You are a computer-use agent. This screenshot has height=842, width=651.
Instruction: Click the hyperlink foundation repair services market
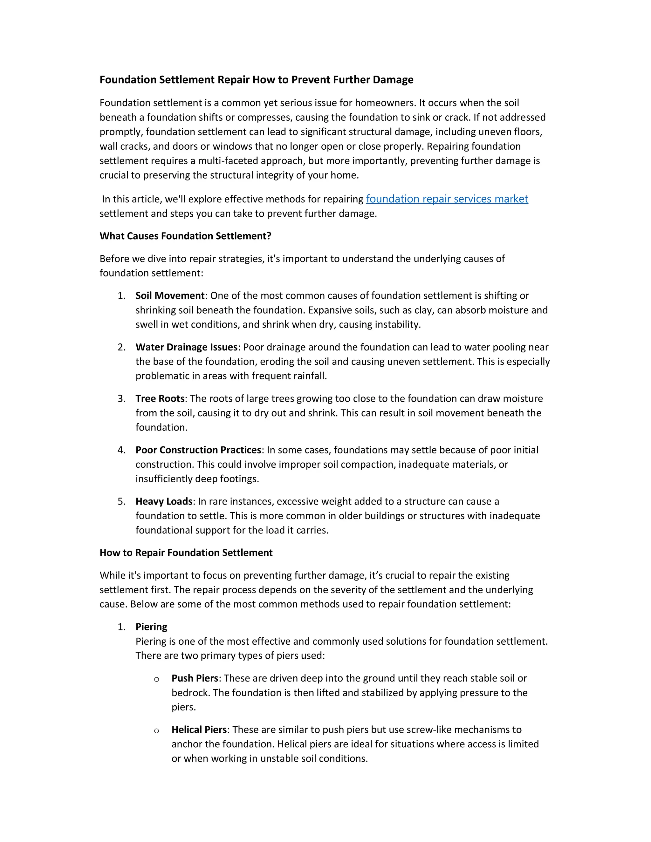pos(447,199)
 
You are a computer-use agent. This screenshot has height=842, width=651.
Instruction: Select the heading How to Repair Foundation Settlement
pos(186,553)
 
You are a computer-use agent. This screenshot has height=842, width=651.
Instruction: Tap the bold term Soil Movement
pos(170,296)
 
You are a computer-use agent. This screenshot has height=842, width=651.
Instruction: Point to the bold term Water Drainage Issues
pos(186,347)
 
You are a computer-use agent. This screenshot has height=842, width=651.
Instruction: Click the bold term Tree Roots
pos(160,399)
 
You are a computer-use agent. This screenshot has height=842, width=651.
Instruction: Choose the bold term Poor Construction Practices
pos(198,450)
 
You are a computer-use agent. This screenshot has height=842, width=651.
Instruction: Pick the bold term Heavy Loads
pos(163,502)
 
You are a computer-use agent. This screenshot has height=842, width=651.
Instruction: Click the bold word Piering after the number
pos(151,627)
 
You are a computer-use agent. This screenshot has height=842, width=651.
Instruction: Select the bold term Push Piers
pos(195,679)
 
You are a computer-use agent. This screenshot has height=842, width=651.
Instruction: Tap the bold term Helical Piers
pos(199,730)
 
